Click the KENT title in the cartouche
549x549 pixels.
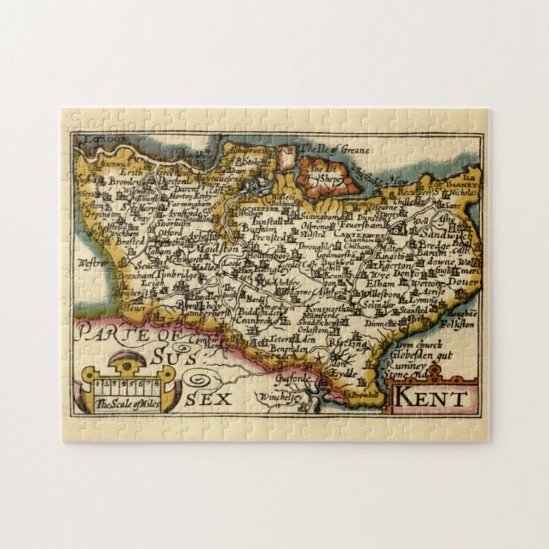pyautogui.click(x=431, y=397)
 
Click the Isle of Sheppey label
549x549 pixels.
pyautogui.click(x=328, y=179)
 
